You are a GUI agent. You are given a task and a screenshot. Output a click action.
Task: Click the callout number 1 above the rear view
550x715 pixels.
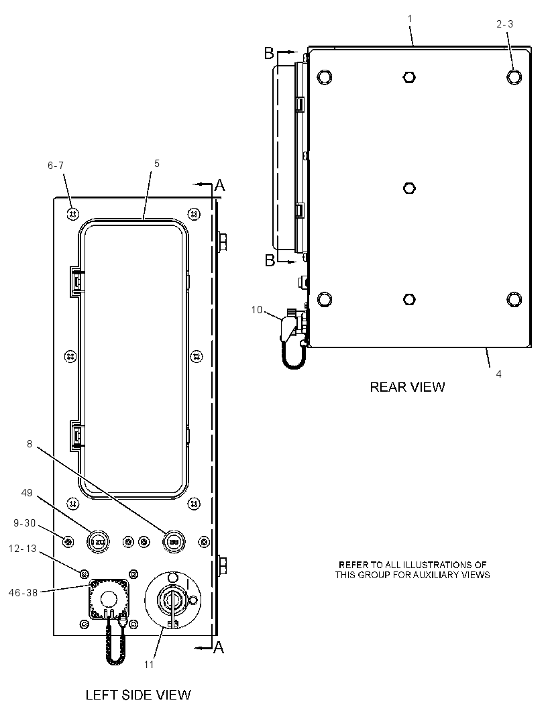tap(410, 19)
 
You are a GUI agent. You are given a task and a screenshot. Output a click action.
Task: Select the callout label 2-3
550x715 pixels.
tap(505, 24)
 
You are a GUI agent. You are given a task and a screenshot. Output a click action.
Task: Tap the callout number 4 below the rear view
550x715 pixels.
tap(498, 374)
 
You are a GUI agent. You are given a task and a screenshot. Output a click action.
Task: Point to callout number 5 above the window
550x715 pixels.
tap(157, 164)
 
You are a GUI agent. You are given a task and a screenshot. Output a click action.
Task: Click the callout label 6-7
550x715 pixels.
tap(56, 166)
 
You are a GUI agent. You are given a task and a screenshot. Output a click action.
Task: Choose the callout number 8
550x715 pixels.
tap(30, 443)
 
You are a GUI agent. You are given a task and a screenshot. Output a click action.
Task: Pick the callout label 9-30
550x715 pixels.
tap(25, 523)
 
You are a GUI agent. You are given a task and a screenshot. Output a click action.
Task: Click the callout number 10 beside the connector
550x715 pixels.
tap(257, 310)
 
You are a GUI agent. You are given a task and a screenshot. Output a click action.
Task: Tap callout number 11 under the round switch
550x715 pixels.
tap(149, 665)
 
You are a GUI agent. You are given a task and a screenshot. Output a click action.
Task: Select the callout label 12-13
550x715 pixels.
tap(22, 549)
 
